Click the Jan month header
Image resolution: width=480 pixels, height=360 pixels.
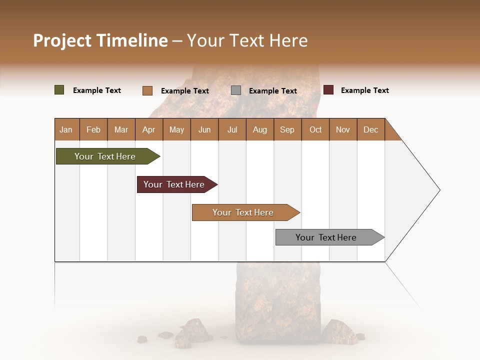tap(66, 129)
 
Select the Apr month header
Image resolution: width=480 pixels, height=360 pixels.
tap(148, 129)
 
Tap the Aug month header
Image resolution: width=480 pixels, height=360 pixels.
tap(259, 129)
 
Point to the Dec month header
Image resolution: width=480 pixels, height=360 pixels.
tap(370, 129)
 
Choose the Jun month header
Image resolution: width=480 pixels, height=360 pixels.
tap(204, 129)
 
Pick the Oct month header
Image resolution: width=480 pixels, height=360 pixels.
tap(315, 129)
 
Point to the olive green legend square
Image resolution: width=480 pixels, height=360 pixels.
tap(59, 90)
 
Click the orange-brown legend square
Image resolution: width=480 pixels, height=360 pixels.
tap(147, 90)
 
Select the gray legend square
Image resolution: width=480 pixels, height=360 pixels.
tap(236, 90)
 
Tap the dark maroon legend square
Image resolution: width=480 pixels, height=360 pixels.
tap(328, 90)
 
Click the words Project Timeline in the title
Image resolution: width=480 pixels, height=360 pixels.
tap(100, 40)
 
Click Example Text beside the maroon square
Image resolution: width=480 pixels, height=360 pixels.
tap(364, 90)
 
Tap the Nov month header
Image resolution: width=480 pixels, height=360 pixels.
tap(342, 129)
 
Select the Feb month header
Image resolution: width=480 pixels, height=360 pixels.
tap(93, 129)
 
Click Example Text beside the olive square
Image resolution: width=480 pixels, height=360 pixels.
tap(97, 90)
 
